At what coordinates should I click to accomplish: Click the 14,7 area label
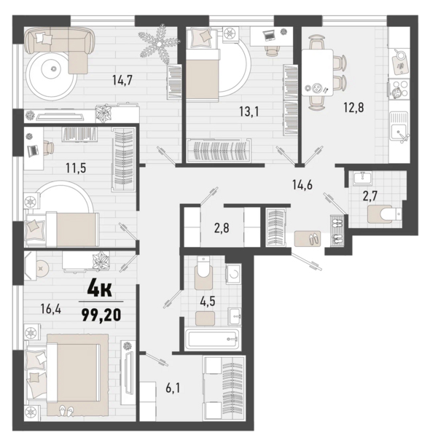click(122, 81)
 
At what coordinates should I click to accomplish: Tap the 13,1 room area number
click(249, 112)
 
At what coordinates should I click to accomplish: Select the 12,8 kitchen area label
click(353, 108)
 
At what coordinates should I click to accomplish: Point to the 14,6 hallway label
click(302, 185)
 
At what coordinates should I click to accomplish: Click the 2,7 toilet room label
click(370, 196)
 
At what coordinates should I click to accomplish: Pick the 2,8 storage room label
click(222, 228)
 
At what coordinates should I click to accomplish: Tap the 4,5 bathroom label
click(208, 302)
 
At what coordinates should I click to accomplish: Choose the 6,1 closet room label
click(173, 388)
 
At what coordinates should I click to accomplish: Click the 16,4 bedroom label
click(50, 309)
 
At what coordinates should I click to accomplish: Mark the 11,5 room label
click(76, 168)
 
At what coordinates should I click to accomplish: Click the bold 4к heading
click(100, 289)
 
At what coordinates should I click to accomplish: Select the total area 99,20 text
click(101, 315)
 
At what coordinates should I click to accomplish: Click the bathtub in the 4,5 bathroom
click(213, 339)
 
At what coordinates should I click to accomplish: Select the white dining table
click(318, 73)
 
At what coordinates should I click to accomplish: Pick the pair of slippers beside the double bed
click(66, 409)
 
